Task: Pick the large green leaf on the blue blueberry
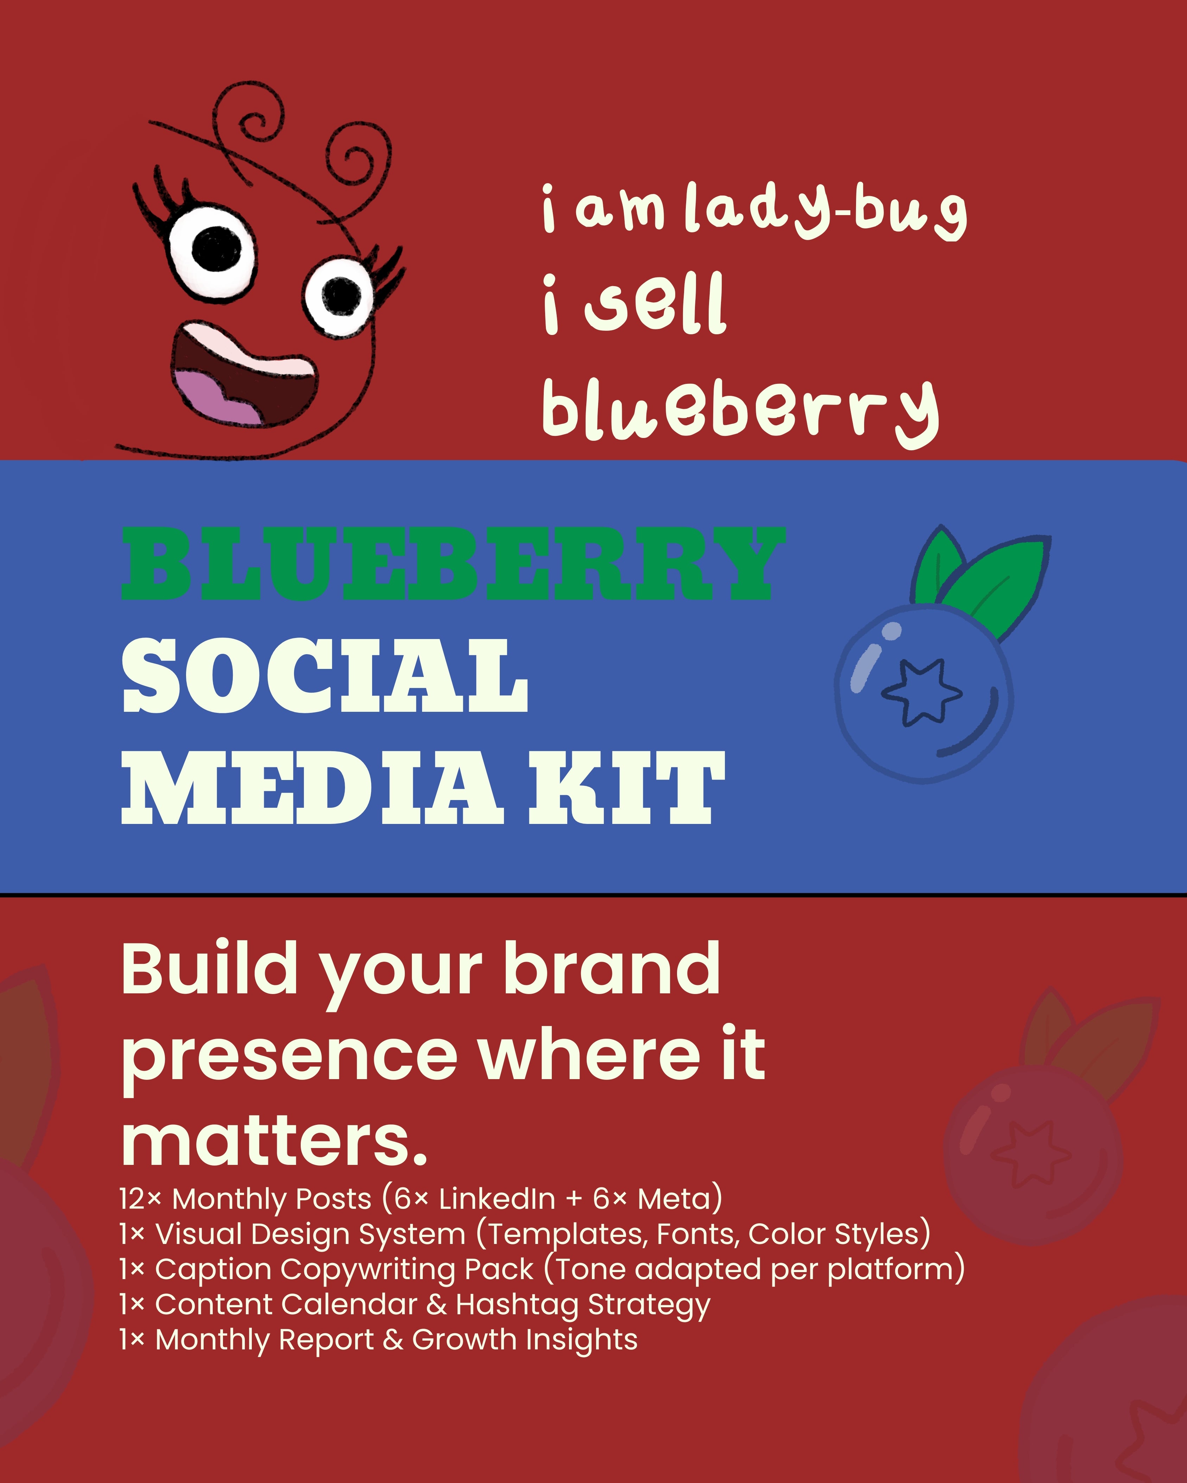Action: (x=1001, y=585)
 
